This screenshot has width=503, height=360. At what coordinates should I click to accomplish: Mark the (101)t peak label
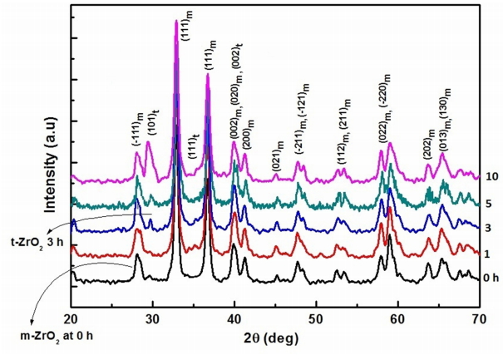click(152, 124)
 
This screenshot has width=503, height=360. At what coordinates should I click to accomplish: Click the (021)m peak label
click(279, 158)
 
